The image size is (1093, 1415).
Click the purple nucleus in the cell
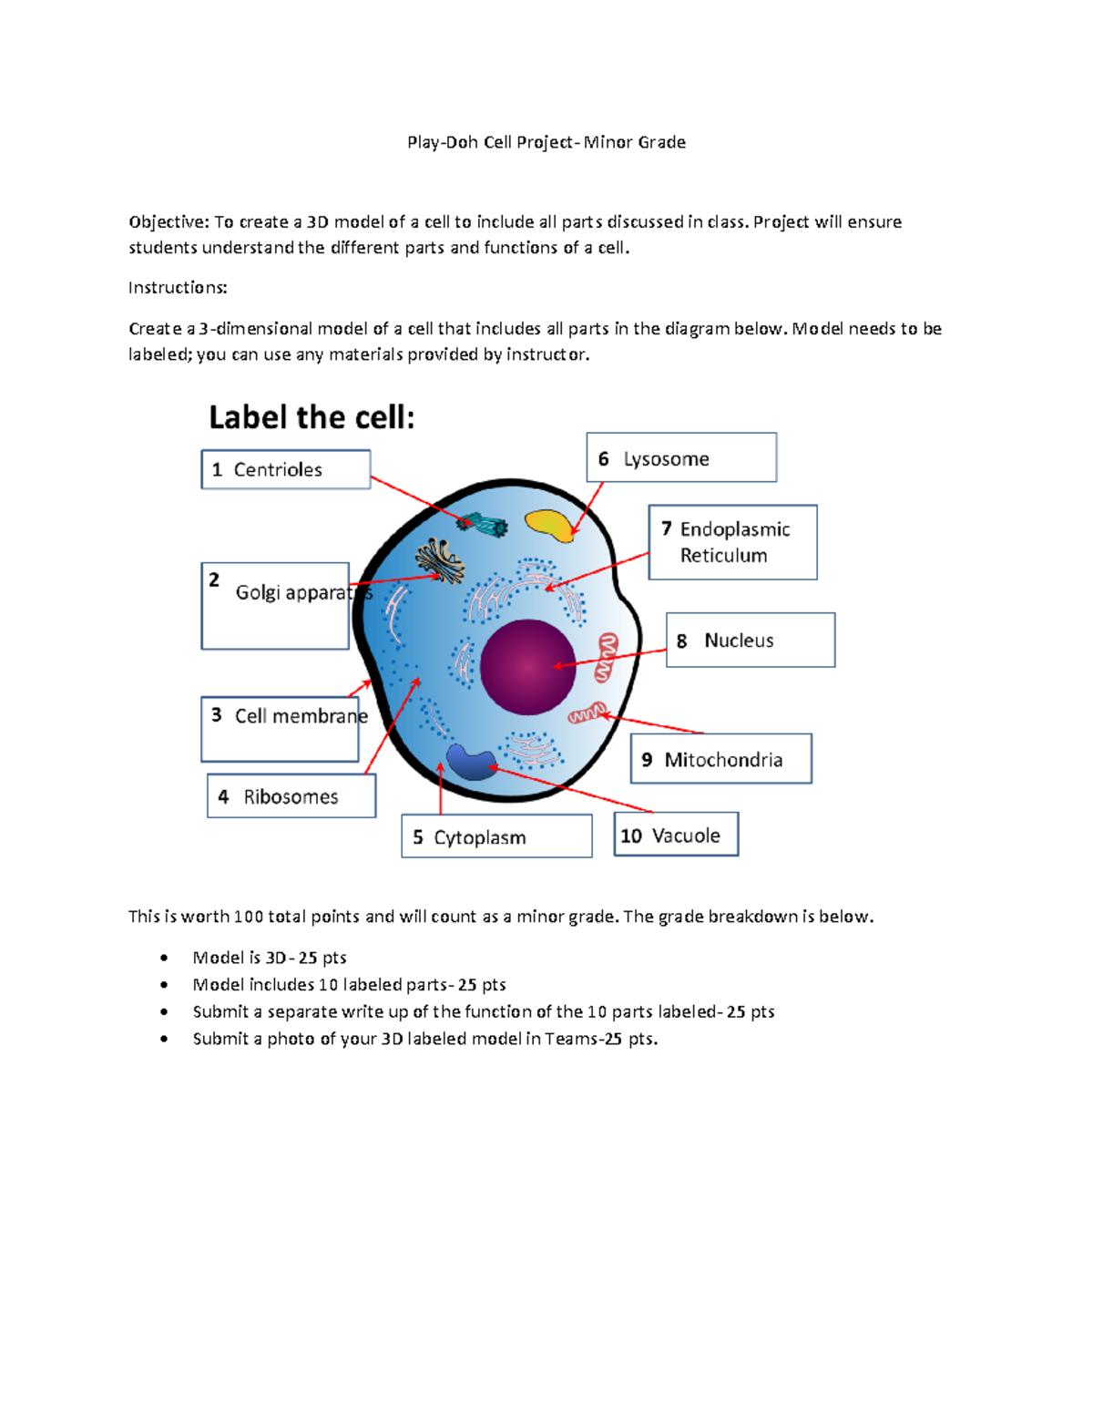(527, 666)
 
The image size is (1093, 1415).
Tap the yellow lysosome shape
(548, 524)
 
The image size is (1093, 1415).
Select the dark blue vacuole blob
(470, 762)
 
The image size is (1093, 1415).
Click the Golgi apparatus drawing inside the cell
(440, 559)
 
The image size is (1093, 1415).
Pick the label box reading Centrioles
(285, 469)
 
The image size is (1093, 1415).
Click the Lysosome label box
(681, 457)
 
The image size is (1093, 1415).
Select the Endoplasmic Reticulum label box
(732, 542)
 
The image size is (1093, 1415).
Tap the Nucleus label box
(750, 640)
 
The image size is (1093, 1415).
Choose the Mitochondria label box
(720, 759)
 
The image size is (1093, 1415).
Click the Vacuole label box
(676, 835)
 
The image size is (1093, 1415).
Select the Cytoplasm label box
(496, 836)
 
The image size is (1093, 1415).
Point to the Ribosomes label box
(291, 796)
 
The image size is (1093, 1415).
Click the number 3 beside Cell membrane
(217, 715)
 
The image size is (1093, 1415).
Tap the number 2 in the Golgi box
(214, 580)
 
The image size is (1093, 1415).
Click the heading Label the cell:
(312, 417)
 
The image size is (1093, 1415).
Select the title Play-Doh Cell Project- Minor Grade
(546, 142)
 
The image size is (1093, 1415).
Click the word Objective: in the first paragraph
(169, 222)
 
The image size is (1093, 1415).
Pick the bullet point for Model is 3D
(164, 958)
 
